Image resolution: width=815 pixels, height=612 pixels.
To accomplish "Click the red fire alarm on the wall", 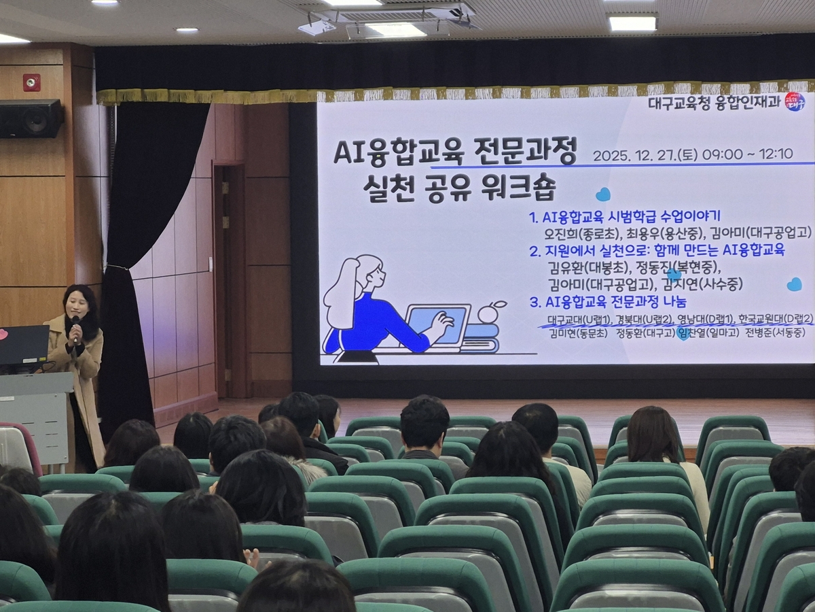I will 31,82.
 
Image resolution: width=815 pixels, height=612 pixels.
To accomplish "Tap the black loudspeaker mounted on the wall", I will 31,118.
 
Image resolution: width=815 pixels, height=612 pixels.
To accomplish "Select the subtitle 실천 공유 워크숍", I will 459,185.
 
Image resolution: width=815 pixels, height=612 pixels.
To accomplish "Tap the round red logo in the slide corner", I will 794,101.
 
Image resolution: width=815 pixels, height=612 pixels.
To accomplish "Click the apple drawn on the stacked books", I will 488,313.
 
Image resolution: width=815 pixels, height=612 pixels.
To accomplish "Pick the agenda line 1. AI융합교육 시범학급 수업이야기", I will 624,218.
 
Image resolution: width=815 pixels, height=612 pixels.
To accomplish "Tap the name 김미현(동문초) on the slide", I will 579,333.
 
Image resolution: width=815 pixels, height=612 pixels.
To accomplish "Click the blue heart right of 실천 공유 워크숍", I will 602,195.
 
